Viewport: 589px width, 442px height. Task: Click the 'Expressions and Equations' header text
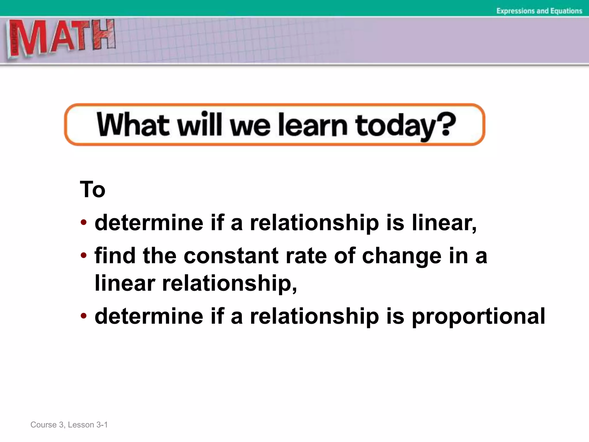coord(539,11)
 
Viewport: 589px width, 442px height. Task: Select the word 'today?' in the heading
coord(406,126)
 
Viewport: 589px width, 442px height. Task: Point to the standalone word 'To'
coord(93,189)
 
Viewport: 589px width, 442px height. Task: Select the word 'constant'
coord(231,256)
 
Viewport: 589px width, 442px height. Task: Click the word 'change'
coord(401,256)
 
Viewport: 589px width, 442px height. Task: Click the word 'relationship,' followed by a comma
coord(230,283)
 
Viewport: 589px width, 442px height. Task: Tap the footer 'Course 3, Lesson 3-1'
coord(69,425)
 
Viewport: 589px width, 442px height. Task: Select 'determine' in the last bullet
coord(149,316)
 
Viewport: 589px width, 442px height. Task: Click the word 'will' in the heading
coord(200,125)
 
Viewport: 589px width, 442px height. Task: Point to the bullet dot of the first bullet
coord(84,222)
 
